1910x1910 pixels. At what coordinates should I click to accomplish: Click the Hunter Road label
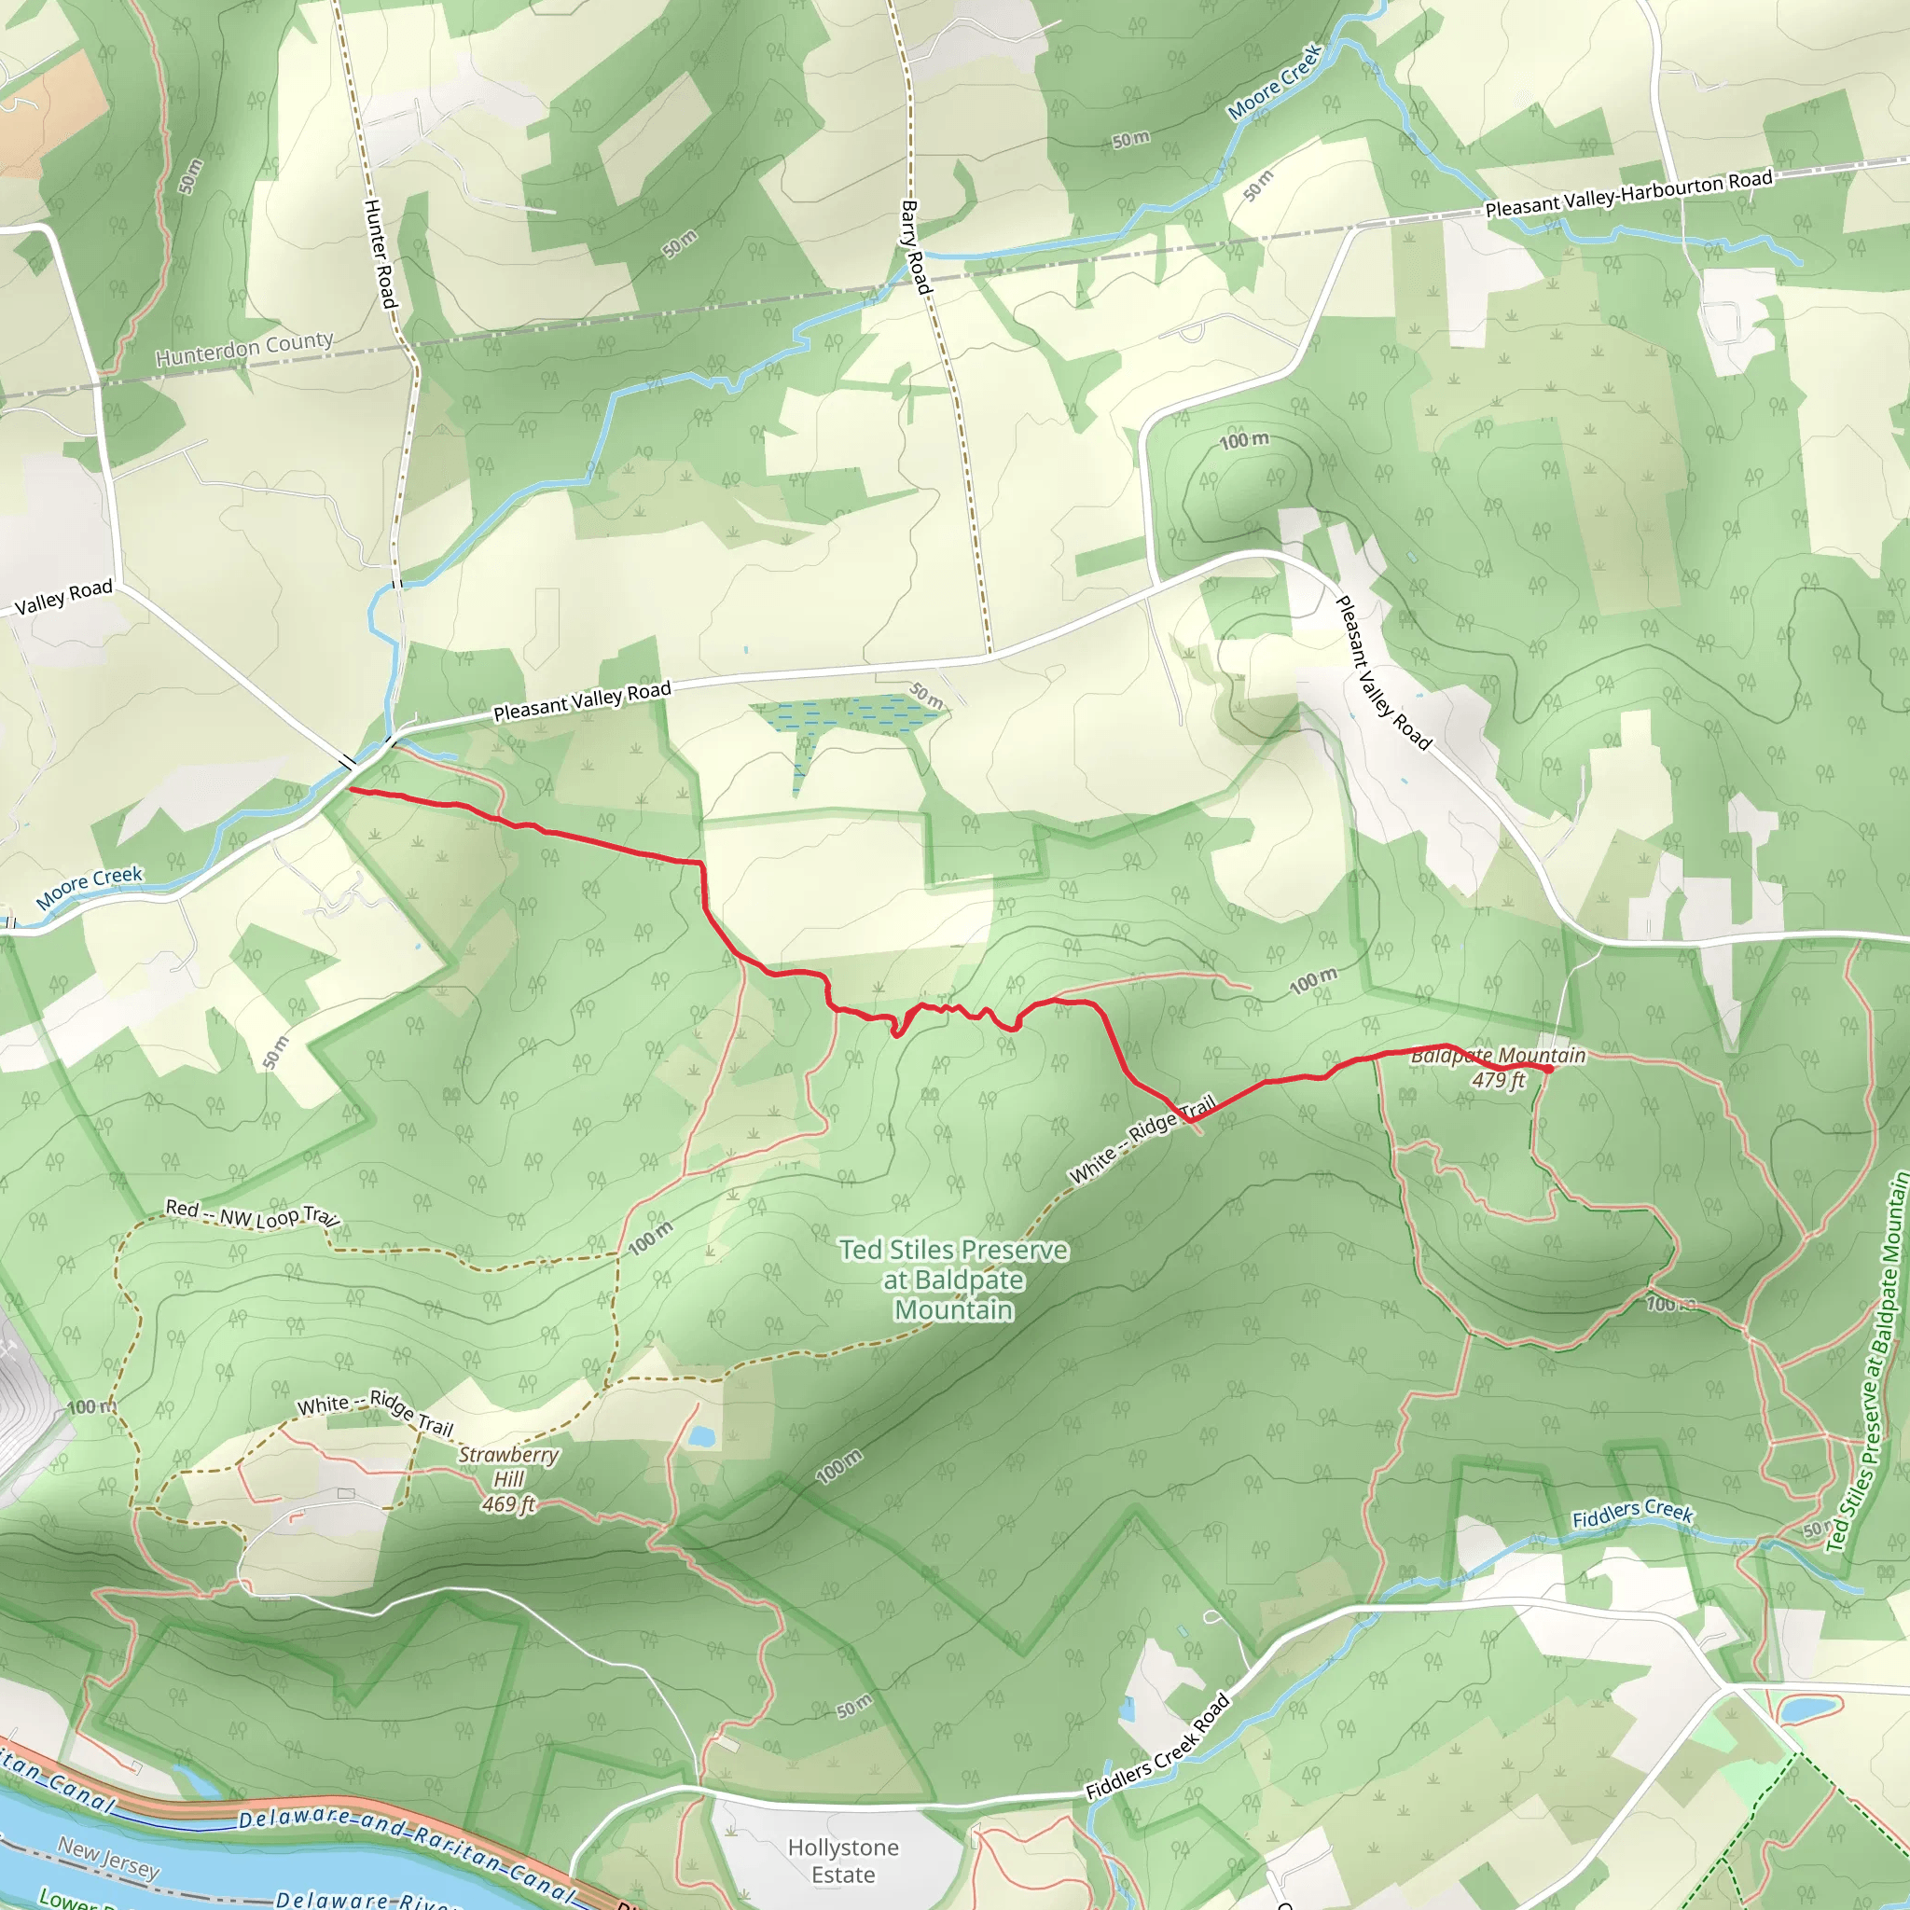(x=380, y=252)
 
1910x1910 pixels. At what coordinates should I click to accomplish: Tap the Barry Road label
(x=915, y=247)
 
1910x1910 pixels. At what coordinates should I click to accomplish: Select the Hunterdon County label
(x=244, y=348)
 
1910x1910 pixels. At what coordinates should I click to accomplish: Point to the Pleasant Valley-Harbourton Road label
(x=1628, y=194)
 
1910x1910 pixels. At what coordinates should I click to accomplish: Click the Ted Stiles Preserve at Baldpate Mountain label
(x=954, y=1280)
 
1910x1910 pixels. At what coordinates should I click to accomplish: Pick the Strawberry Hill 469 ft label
(x=508, y=1479)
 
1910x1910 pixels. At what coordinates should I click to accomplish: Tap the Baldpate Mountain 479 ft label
(x=1498, y=1068)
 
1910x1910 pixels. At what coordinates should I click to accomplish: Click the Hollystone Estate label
(x=843, y=1861)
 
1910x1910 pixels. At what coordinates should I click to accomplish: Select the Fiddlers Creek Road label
(x=1157, y=1746)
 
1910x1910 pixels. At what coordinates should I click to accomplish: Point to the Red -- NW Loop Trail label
(x=252, y=1214)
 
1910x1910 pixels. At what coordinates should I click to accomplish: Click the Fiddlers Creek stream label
(x=1632, y=1513)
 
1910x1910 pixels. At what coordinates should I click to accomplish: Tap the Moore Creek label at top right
(x=1274, y=82)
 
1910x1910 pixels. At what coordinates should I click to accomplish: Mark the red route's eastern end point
(x=1548, y=1069)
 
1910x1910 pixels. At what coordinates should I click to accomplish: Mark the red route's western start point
(x=352, y=791)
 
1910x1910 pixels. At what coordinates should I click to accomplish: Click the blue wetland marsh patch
(x=845, y=714)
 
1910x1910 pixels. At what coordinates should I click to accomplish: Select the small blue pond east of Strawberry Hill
(x=702, y=1436)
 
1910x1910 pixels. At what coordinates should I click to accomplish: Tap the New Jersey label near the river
(x=108, y=1857)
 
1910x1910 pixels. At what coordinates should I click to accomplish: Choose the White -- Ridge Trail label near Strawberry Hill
(x=376, y=1414)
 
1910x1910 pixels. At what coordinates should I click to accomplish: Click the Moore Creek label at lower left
(x=90, y=887)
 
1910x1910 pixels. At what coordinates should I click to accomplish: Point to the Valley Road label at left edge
(x=63, y=597)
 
